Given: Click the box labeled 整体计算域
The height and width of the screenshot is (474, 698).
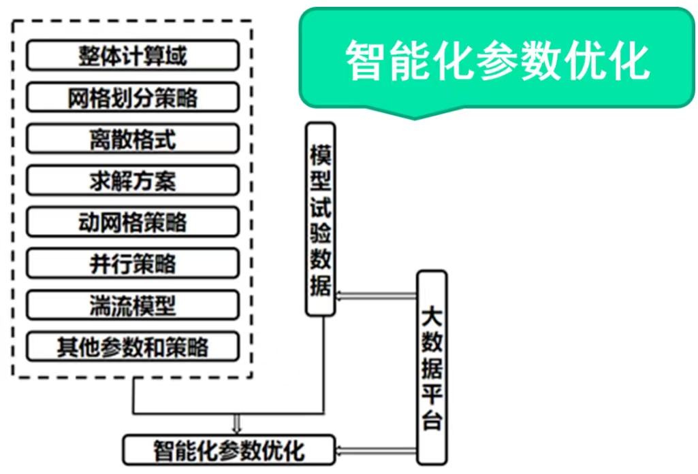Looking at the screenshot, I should tap(132, 56).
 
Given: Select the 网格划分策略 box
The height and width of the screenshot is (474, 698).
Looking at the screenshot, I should tap(132, 97).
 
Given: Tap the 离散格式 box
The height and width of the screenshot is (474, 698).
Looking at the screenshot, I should tap(132, 139).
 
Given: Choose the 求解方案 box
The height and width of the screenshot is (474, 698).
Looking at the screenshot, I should tap(132, 181).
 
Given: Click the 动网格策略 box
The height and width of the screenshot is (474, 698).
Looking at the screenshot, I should tap(132, 222).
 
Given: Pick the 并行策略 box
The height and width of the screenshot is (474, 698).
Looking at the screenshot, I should tap(132, 264).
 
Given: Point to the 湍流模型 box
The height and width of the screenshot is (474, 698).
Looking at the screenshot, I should tap(132, 305).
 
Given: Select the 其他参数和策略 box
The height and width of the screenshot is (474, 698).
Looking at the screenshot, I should tap(132, 347).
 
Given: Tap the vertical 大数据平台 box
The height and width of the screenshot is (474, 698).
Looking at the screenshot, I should tap(432, 367).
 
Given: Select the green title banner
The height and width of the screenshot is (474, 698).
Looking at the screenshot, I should tap(497, 60).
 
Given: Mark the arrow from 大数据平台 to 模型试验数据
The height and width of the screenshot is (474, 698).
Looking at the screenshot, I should tap(377, 294).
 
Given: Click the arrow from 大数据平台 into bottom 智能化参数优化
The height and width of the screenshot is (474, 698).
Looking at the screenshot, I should tap(377, 450).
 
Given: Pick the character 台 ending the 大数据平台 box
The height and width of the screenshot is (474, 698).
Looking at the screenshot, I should tap(432, 420).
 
